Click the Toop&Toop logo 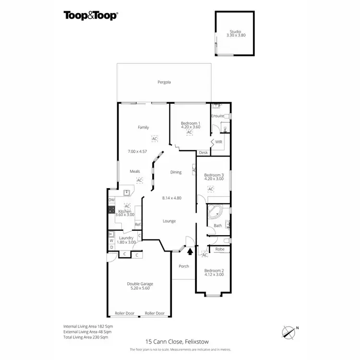point(91,15)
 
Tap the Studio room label point(235,32)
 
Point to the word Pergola point(164,82)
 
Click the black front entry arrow point(190,250)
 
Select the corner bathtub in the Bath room point(214,212)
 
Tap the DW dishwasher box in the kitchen point(111,200)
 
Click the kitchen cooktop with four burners point(111,210)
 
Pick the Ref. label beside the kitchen point(137,224)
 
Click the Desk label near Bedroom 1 point(203,153)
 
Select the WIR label point(218,142)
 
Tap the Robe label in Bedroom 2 point(220,249)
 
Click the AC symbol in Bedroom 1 point(190,132)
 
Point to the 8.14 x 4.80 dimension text point(171,197)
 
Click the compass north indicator point(288,331)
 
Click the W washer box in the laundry point(111,240)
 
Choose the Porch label point(183,266)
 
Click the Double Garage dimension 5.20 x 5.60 point(140,289)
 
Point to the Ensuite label point(217,116)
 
